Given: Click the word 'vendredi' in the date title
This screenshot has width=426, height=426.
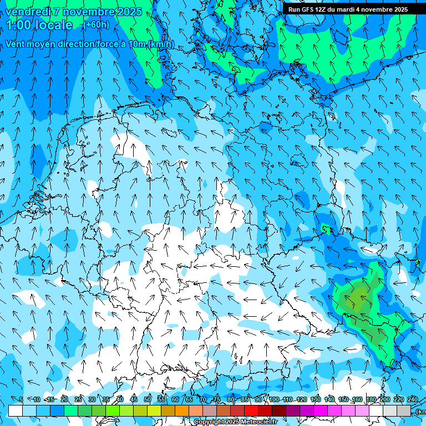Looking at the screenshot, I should [26, 12].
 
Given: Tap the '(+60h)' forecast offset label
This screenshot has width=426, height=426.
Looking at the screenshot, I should [97, 25].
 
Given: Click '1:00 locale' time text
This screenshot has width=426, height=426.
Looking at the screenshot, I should [40, 25].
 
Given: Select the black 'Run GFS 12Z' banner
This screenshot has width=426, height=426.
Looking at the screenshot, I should [348, 9].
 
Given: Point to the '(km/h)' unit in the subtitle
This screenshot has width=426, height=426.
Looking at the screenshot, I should [161, 44].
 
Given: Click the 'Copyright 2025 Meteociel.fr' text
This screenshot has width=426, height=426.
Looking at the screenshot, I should [236, 422].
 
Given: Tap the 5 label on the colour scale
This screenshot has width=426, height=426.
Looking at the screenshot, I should [21, 399].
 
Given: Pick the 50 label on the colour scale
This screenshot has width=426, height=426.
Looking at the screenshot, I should [148, 399].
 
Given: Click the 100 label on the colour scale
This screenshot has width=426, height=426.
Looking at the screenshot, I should [274, 399].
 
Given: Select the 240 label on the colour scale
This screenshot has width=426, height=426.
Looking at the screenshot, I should [413, 399].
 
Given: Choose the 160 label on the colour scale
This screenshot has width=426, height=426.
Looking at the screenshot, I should [357, 399].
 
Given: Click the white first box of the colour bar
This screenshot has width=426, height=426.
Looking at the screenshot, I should [16, 410].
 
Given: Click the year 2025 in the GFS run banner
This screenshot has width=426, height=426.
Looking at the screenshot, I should [398, 9].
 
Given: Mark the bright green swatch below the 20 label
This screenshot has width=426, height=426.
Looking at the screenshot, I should [71, 410].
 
